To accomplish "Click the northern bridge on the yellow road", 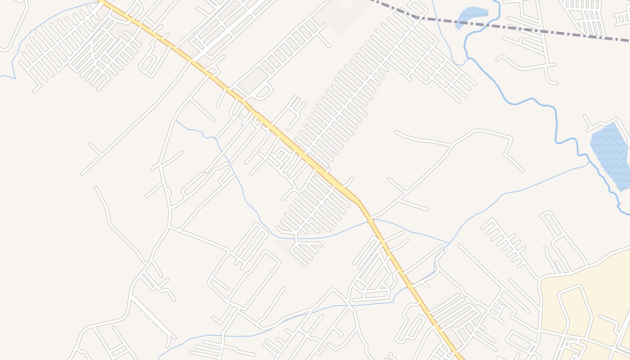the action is [370, 220].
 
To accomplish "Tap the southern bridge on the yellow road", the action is [410, 286].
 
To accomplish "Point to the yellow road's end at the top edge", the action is [101, 1].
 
